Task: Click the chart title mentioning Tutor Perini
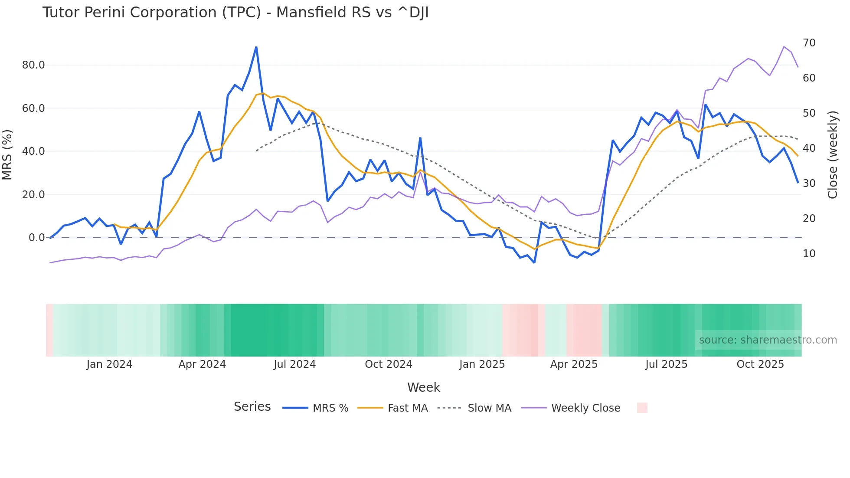click(x=235, y=13)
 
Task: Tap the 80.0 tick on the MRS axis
click(x=33, y=65)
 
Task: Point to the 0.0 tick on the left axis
click(x=36, y=238)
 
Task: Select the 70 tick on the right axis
click(x=809, y=43)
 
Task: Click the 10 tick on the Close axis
click(x=809, y=254)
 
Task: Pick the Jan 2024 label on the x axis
click(x=109, y=364)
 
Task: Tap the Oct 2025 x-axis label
click(x=760, y=364)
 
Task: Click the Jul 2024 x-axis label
click(x=294, y=364)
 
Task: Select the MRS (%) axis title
click(x=7, y=154)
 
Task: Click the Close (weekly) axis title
click(x=832, y=154)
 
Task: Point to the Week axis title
click(x=423, y=387)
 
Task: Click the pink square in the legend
click(x=642, y=408)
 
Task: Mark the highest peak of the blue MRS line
click(x=256, y=47)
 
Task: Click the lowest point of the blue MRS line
click(x=534, y=262)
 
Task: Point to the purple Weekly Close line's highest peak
click(x=784, y=46)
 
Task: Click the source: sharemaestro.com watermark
click(x=768, y=340)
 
